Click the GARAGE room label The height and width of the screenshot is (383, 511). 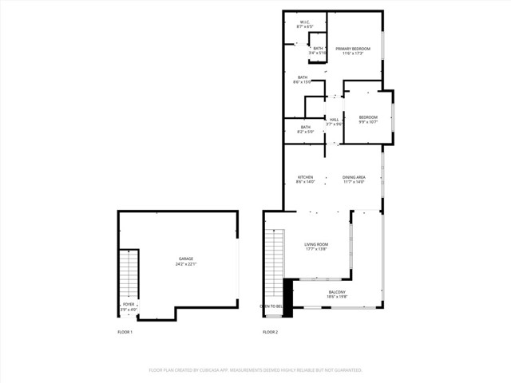(185, 259)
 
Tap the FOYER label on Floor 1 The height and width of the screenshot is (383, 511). (128, 304)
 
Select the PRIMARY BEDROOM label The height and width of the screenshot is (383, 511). (353, 49)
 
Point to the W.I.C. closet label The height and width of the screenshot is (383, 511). (304, 22)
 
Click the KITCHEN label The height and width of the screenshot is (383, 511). (305, 177)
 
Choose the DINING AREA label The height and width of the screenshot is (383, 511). (354, 177)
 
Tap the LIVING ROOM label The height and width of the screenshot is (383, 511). (316, 244)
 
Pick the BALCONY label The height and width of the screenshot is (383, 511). (337, 292)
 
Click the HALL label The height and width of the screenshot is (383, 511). (334, 120)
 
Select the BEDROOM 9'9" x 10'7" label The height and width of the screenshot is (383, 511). (367, 117)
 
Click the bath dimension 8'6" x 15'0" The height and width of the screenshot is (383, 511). (303, 82)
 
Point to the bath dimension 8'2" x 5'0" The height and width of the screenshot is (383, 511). (305, 132)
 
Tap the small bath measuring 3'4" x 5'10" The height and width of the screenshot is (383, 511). (318, 53)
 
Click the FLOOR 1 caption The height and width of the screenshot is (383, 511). (125, 332)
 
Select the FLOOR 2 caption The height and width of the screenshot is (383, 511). (271, 332)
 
